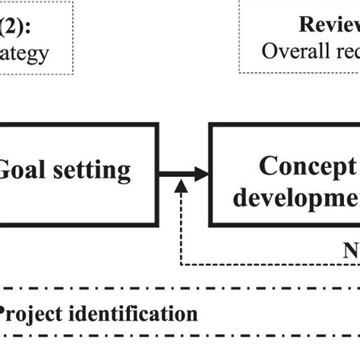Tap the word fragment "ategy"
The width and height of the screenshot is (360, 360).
[x=24, y=53]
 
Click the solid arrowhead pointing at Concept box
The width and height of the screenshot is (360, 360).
[x=201, y=174]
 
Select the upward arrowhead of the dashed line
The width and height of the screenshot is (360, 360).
[x=181, y=187]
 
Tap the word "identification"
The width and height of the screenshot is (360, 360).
[x=133, y=313]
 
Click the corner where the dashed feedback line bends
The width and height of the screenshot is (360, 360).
[x=181, y=265]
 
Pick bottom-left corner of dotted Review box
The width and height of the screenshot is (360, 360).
[x=240, y=73]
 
